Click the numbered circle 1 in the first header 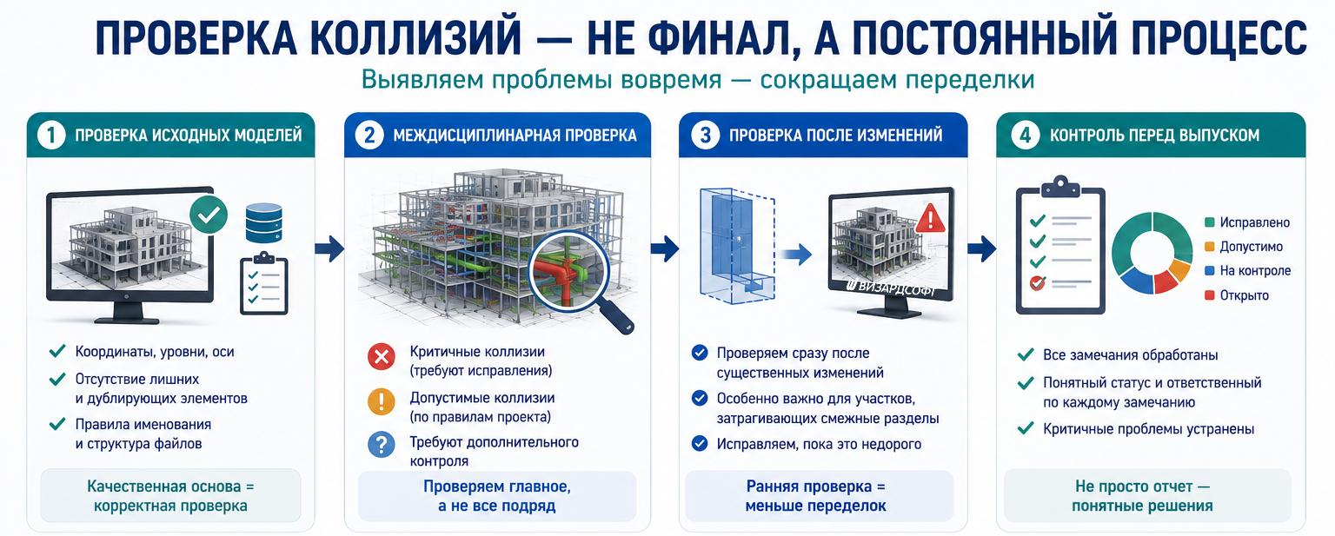point(51,136)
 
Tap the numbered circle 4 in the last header point(1025,136)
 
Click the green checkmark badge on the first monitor point(209,215)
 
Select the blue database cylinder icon point(264,222)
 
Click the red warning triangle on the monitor point(930,219)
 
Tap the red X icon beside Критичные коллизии point(382,357)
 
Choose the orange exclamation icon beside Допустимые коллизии point(382,401)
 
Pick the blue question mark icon point(382,444)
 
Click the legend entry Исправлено point(1247,222)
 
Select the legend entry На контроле point(1247,271)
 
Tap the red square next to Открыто point(1209,295)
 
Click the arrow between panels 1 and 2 point(329,248)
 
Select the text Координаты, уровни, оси point(155,352)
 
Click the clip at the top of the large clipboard point(1060,187)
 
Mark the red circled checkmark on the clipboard point(1038,282)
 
